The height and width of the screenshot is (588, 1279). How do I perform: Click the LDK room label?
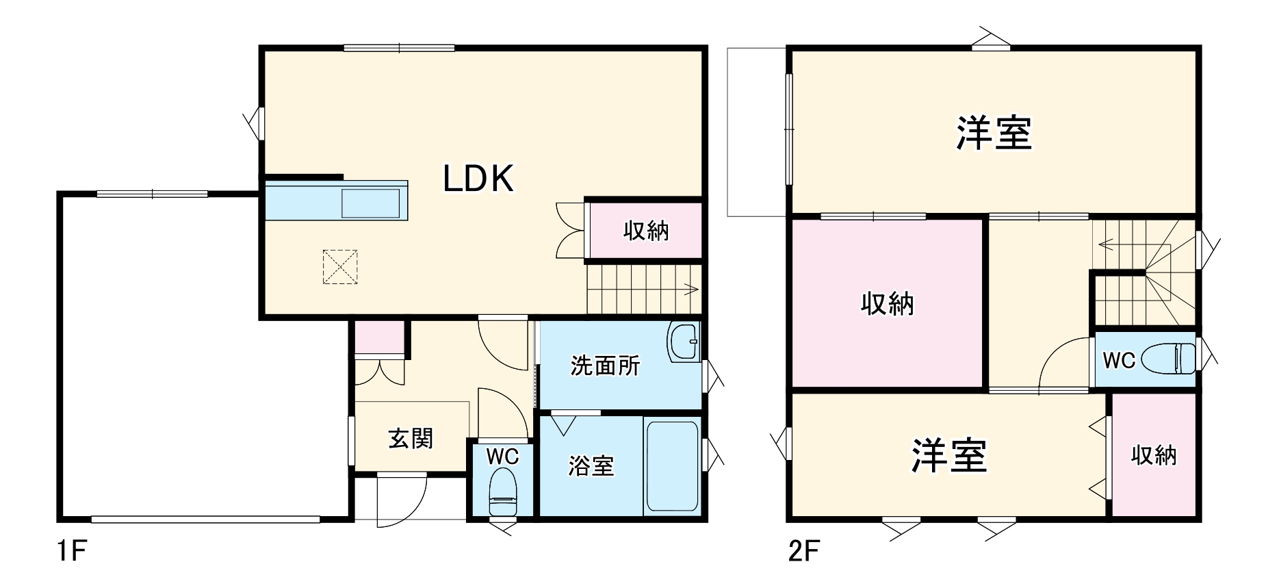pyautogui.click(x=478, y=179)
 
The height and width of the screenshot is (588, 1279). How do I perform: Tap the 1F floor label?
pyautogui.click(x=70, y=551)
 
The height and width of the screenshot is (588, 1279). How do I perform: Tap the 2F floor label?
pyautogui.click(x=803, y=551)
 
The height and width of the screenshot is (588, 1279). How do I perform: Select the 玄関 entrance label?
pyautogui.click(x=411, y=438)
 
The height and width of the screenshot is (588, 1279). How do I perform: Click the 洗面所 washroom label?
pyautogui.click(x=605, y=366)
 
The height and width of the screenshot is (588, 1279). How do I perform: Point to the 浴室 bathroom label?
pyautogui.click(x=591, y=466)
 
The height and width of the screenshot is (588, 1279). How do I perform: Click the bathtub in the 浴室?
pyautogui.click(x=671, y=465)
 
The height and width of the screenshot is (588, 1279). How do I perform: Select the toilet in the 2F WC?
pyautogui.click(x=1173, y=358)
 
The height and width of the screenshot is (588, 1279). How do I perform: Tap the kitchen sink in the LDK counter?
pyautogui.click(x=370, y=203)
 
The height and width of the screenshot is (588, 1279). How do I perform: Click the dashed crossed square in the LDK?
pyautogui.click(x=340, y=267)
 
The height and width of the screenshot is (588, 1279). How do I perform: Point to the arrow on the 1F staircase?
pyautogui.click(x=690, y=289)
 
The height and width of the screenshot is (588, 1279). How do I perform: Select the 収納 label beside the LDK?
pyautogui.click(x=645, y=231)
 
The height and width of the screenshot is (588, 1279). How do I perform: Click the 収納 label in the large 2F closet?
pyautogui.click(x=887, y=303)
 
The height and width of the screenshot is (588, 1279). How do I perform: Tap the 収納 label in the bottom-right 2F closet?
pyautogui.click(x=1154, y=455)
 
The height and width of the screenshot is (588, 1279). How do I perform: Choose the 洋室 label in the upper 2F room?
pyautogui.click(x=994, y=133)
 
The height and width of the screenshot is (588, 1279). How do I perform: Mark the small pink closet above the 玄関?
pyautogui.click(x=378, y=336)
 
